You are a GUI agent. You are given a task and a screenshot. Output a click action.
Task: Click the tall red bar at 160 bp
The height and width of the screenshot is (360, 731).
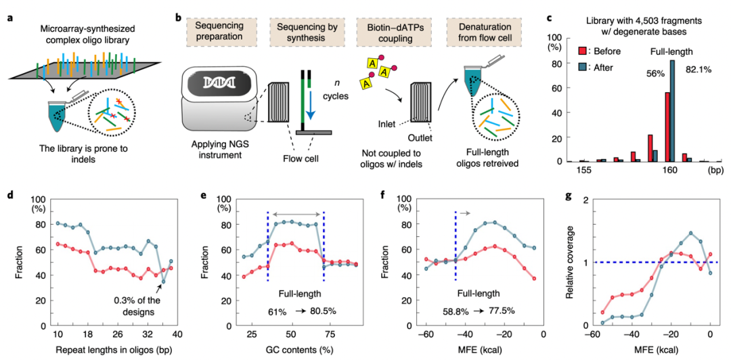(667, 127)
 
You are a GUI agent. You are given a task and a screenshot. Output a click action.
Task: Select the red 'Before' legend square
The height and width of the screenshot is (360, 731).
(582, 51)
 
